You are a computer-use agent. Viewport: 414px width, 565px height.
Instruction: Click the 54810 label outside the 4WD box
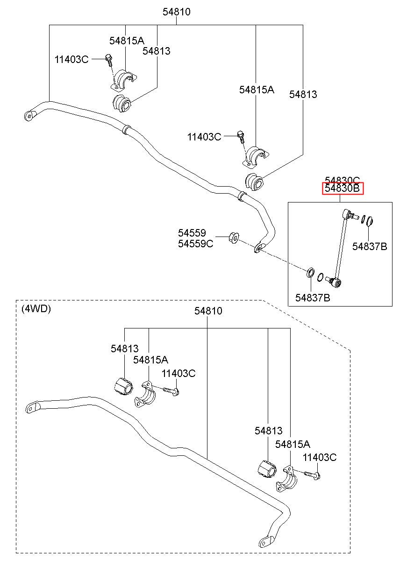coord(176,12)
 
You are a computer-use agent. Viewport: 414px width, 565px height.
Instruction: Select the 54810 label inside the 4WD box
coord(208,311)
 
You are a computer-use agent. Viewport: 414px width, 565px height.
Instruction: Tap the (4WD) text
coord(36,308)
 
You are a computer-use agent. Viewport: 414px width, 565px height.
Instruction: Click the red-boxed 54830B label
coord(342,188)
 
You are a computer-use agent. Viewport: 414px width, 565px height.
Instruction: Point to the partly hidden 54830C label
coord(342,180)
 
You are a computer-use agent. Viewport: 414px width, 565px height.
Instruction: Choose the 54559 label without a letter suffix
coord(192,232)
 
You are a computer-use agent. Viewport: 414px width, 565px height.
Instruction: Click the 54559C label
coord(195,244)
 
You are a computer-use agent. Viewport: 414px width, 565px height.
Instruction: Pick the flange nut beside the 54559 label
coord(234,237)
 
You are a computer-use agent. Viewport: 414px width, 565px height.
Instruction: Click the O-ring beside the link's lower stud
coord(320,277)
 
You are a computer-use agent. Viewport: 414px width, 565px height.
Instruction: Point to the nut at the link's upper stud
coord(370,221)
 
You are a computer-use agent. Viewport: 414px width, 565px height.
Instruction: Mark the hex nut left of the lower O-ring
coord(310,272)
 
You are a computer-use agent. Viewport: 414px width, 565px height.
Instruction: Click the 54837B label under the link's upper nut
coord(370,246)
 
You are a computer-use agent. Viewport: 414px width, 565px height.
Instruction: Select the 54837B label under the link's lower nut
coord(313,298)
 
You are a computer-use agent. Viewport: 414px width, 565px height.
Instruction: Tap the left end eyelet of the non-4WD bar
coord(29,116)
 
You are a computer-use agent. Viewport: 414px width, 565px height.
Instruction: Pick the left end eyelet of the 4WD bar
coord(32,408)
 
